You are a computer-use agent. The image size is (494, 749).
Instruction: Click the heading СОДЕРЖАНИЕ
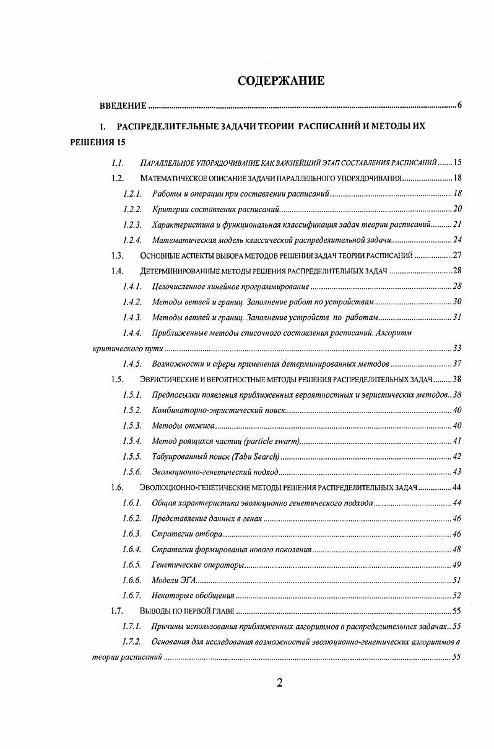[281, 82]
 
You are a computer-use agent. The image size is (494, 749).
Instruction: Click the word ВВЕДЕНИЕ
[123, 106]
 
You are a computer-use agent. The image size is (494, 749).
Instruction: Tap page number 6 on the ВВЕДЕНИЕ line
[459, 105]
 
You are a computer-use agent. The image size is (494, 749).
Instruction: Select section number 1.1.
[118, 163]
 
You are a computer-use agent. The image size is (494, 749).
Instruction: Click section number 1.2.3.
[132, 225]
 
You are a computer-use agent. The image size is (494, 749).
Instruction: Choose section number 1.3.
[118, 255]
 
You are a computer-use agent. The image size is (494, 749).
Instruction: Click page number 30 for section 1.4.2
[457, 302]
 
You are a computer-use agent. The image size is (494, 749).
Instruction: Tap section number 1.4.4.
[132, 333]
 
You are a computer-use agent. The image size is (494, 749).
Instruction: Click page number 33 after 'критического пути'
[457, 348]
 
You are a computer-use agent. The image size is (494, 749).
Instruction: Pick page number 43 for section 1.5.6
[457, 472]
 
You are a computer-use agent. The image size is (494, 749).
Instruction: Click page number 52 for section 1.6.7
[457, 596]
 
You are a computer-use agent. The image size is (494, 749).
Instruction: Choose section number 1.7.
[118, 611]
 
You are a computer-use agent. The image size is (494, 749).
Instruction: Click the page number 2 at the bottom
[279, 683]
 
